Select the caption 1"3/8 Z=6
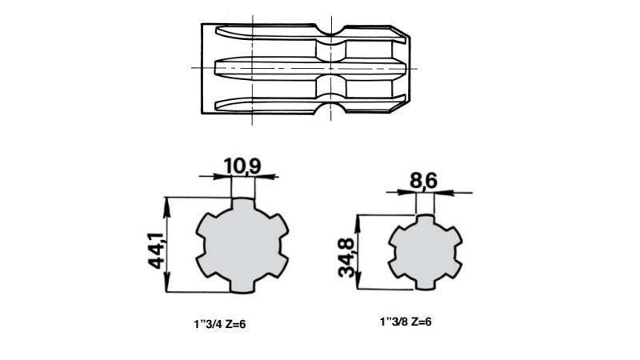[x=406, y=321]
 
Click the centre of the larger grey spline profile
[x=242, y=246]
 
